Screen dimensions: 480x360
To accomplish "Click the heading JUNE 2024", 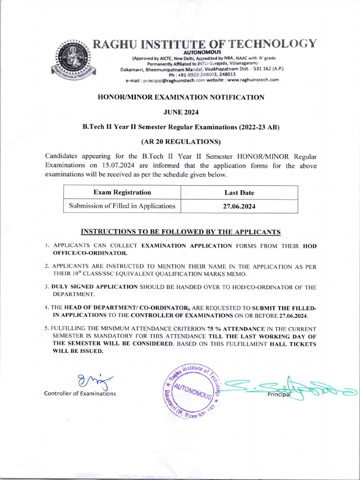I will click(x=180, y=112).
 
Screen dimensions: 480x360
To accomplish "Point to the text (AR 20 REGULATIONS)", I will click(x=180, y=141).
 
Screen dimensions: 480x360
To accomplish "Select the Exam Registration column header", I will click(x=122, y=193).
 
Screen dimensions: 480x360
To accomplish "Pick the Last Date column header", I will click(x=239, y=193).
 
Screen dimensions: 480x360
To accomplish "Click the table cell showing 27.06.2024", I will click(x=239, y=206).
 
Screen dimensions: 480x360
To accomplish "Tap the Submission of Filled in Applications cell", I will click(x=122, y=206).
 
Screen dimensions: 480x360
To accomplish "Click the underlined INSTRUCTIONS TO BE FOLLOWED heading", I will click(x=180, y=232).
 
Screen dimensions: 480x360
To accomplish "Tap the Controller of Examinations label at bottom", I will click(x=80, y=394).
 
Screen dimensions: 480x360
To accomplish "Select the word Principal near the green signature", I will click(x=279, y=394).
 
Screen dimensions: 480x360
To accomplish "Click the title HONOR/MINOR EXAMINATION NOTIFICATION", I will click(x=180, y=97).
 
